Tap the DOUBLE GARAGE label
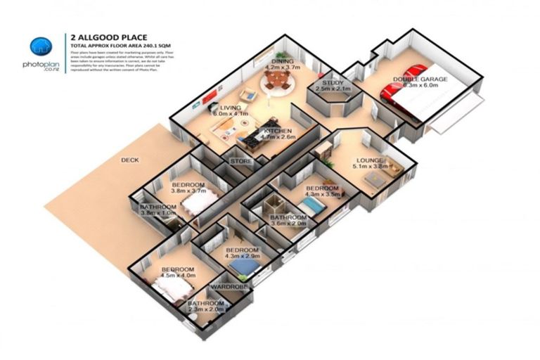tap(420, 79)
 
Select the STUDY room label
tap(333, 83)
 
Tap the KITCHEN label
tap(278, 131)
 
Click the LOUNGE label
tap(371, 160)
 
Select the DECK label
tap(130, 160)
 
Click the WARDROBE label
tap(226, 287)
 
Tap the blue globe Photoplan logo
tap(41, 48)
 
